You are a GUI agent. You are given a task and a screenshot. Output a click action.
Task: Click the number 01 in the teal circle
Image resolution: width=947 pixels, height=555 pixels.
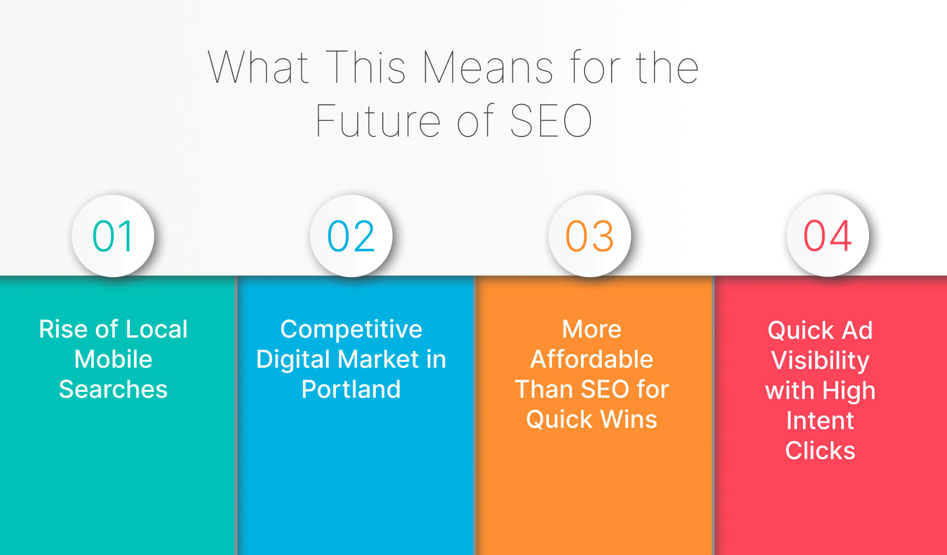coord(113,236)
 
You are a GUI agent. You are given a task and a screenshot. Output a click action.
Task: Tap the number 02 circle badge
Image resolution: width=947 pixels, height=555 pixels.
coord(351,236)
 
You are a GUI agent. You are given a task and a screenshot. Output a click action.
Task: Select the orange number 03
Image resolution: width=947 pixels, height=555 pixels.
coord(589,236)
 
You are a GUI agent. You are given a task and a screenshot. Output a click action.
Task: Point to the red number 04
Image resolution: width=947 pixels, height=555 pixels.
coord(828,236)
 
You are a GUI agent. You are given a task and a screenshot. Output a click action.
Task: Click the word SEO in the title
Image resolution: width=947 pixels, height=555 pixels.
coord(550,121)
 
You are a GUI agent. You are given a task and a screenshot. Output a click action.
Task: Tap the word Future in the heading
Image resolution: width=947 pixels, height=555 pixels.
coord(378,121)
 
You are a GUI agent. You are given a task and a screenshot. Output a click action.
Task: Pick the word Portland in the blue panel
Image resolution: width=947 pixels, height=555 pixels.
coord(351,389)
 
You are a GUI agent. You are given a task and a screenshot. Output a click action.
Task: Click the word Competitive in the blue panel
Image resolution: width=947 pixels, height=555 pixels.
coord(351,329)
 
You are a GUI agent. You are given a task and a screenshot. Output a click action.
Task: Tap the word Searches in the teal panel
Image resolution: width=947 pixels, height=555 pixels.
coord(113,389)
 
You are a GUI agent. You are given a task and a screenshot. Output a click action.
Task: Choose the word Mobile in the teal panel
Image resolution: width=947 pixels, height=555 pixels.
coord(113,359)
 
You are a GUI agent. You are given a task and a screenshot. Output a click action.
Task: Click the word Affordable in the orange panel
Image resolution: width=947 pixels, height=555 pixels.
coord(592,359)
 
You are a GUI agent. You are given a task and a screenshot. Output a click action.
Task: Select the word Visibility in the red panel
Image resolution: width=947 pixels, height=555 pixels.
coord(820,361)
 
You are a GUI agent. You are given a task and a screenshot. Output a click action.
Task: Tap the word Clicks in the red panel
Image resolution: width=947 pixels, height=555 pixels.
coord(820,451)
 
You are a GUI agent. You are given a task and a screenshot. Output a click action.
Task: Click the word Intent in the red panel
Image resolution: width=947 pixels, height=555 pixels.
coord(820,420)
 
